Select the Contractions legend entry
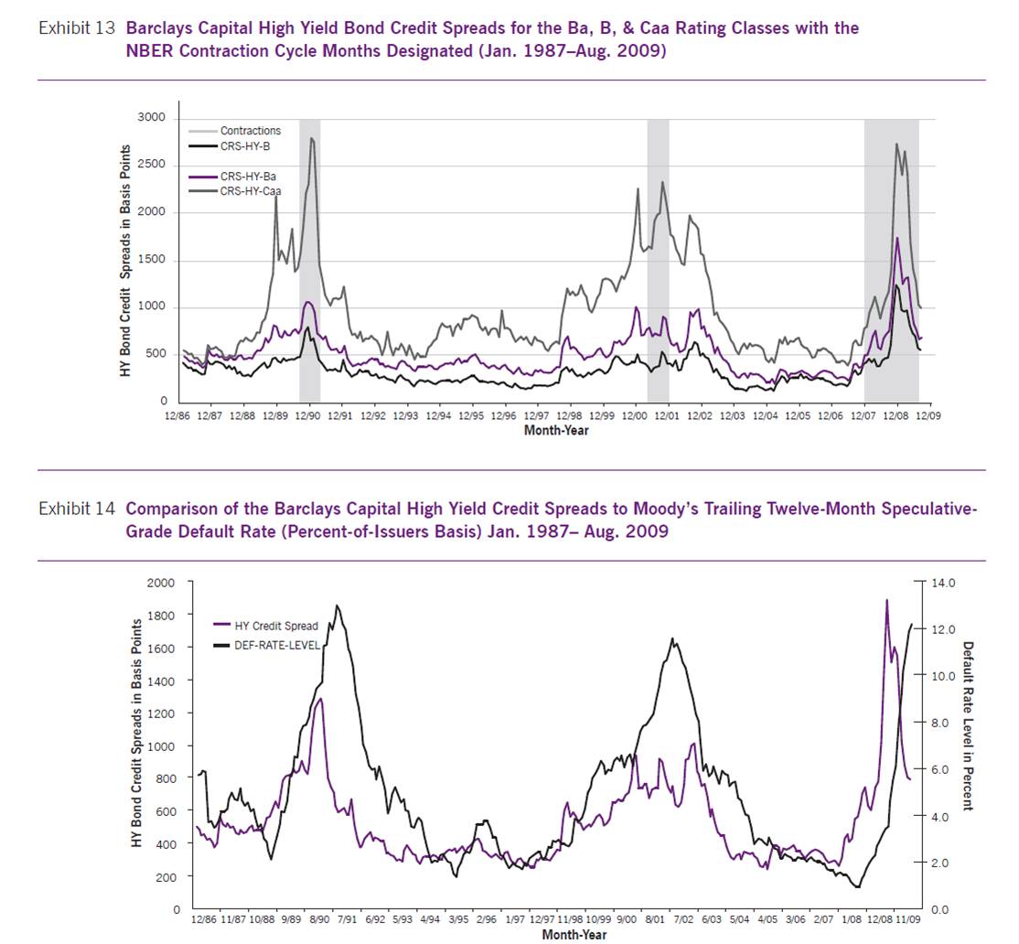coord(250,131)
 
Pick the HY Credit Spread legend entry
coord(276,627)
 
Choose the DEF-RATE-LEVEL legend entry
coord(278,645)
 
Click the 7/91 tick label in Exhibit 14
coord(346,921)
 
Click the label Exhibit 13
coord(77,28)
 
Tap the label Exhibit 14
coord(77,510)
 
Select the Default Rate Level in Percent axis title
coord(969,724)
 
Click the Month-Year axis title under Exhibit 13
coord(556,430)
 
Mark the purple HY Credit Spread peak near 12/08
coord(886,601)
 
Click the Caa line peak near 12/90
coord(312,139)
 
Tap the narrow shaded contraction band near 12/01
coord(658,261)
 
